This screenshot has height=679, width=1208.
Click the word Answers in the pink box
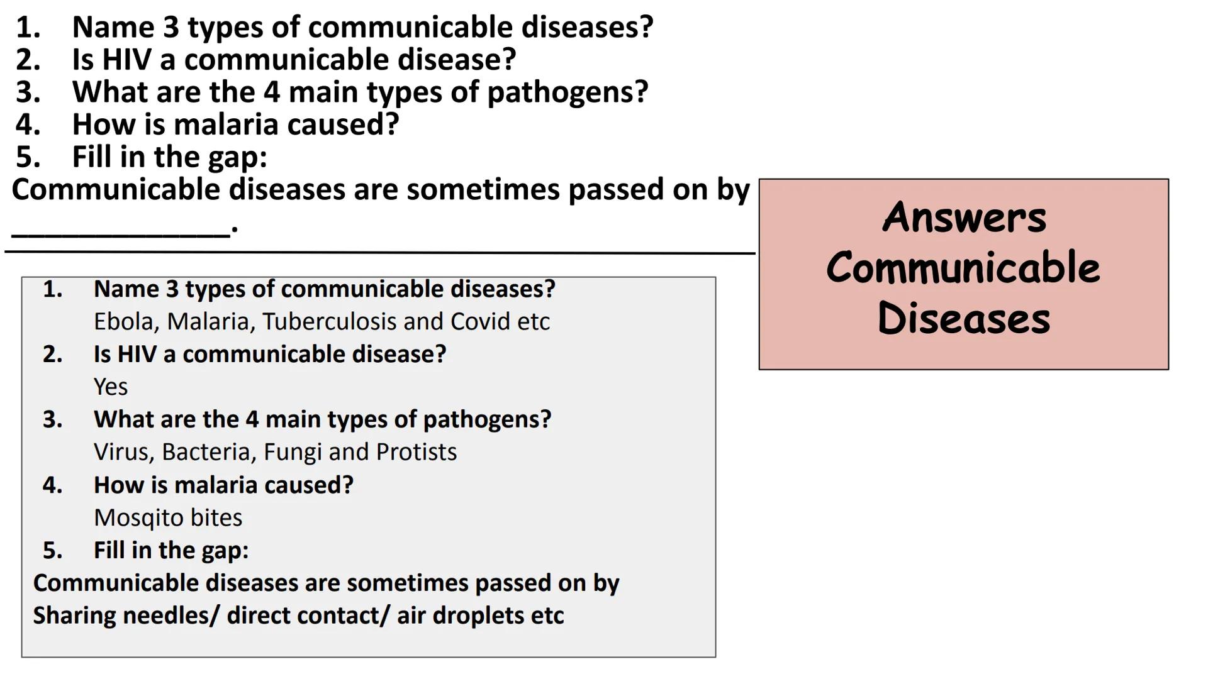(x=964, y=217)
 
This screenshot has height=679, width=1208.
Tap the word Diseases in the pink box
(x=964, y=317)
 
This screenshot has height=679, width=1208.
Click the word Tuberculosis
(x=330, y=322)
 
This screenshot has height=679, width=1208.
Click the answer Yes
(x=111, y=387)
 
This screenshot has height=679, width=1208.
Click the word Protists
(x=417, y=452)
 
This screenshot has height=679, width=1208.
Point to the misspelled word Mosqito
(x=138, y=518)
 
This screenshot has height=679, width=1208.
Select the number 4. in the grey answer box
(x=53, y=485)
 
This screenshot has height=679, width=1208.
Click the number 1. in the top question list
(x=28, y=28)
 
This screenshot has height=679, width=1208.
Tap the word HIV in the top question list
(x=126, y=60)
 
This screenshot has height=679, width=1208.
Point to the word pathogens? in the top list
(x=568, y=93)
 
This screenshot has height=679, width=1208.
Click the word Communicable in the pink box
(x=963, y=267)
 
